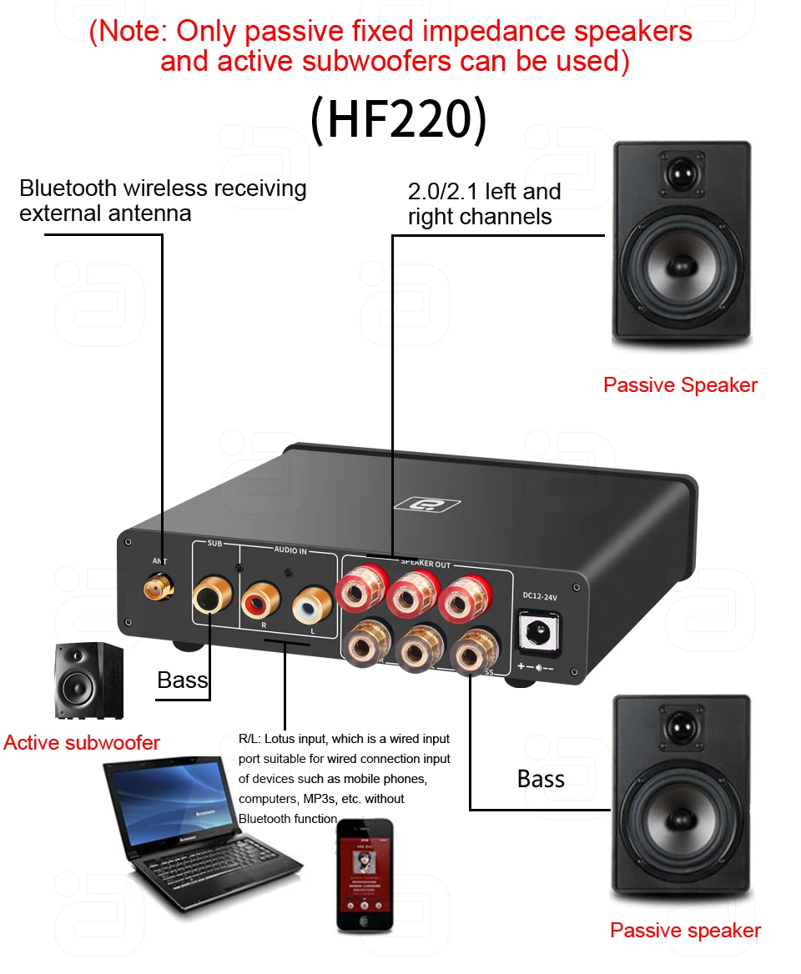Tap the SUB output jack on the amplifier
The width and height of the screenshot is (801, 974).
click(x=209, y=598)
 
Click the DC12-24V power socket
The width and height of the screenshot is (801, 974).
click(x=538, y=631)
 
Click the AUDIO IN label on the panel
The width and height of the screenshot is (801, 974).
click(x=290, y=550)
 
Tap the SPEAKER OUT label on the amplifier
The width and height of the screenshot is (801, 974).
click(x=426, y=565)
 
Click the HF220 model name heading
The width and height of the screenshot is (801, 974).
click(x=398, y=119)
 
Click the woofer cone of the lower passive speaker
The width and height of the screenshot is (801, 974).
click(x=682, y=825)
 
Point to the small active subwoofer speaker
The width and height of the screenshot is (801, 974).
click(x=90, y=682)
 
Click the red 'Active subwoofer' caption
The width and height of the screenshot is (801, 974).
click(x=82, y=742)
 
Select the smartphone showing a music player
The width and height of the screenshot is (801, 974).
click(x=365, y=875)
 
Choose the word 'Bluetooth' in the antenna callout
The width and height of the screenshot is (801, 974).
click(x=69, y=188)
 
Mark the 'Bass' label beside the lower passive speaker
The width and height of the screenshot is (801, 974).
click(x=541, y=779)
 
